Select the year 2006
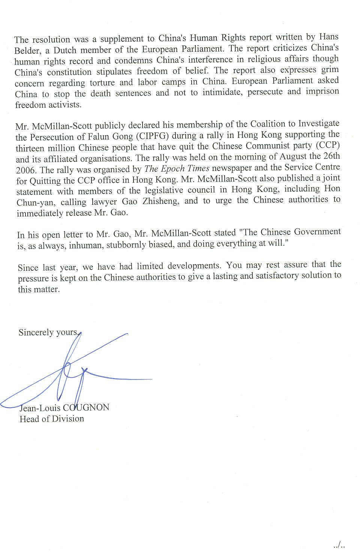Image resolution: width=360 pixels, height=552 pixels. (x=25, y=169)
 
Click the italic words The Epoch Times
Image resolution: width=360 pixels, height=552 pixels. (x=177, y=168)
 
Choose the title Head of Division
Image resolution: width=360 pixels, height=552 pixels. (x=52, y=419)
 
